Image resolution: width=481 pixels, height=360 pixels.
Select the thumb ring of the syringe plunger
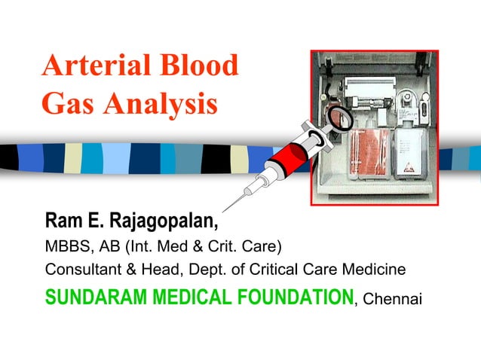click(x=339, y=117)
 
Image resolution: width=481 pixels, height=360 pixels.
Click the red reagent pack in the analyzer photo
click(x=369, y=154)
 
